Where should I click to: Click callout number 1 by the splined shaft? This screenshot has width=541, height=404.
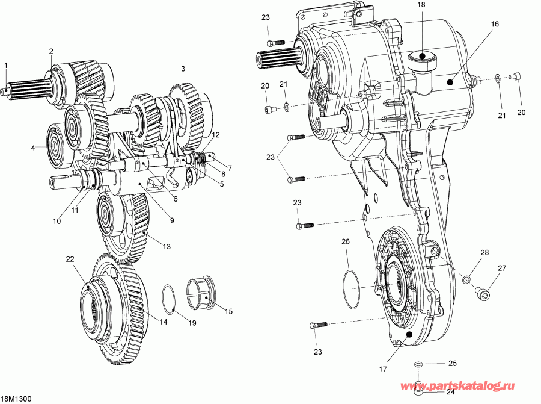[5, 65]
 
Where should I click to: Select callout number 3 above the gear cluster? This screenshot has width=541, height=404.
[183, 69]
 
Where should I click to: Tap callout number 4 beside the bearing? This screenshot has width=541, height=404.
[34, 146]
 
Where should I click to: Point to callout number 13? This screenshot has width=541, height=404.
[167, 246]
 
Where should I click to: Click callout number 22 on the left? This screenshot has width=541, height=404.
[70, 259]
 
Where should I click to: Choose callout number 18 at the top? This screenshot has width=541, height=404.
[421, 5]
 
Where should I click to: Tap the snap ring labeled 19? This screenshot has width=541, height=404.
[170, 298]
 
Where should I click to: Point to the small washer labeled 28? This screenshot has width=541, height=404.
[465, 278]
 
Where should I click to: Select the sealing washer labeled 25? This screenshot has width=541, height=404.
[417, 365]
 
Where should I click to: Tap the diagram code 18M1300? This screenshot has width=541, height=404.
[16, 399]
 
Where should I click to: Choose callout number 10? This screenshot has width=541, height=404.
[57, 221]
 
